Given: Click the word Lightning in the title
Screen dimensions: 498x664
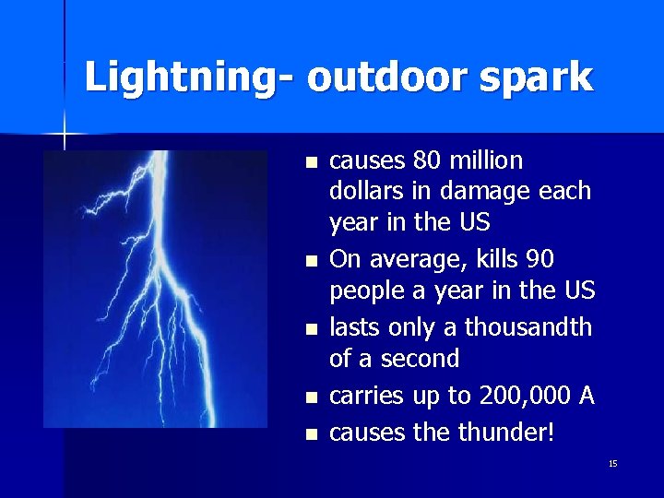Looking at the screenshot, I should pyautogui.click(x=183, y=77).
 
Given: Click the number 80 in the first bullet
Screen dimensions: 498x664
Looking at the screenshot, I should pyautogui.click(x=427, y=161).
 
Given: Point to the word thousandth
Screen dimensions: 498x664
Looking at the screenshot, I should pyautogui.click(x=528, y=327).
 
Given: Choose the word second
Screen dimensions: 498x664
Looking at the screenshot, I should pyautogui.click(x=421, y=359).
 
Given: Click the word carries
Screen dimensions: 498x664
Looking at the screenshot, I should pyautogui.click(x=366, y=397).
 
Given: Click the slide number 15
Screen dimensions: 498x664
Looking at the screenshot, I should pyautogui.click(x=613, y=463).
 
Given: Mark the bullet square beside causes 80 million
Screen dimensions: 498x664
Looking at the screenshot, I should pyautogui.click(x=311, y=162).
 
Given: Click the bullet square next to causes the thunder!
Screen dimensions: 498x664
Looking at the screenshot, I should pyautogui.click(x=311, y=433).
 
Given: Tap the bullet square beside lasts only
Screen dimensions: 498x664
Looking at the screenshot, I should pyautogui.click(x=311, y=328).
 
